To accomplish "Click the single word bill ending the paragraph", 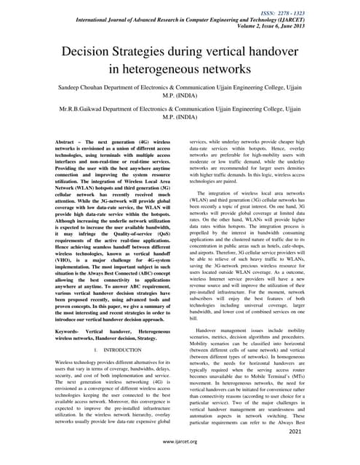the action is pyautogui.click(x=193, y=318).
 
